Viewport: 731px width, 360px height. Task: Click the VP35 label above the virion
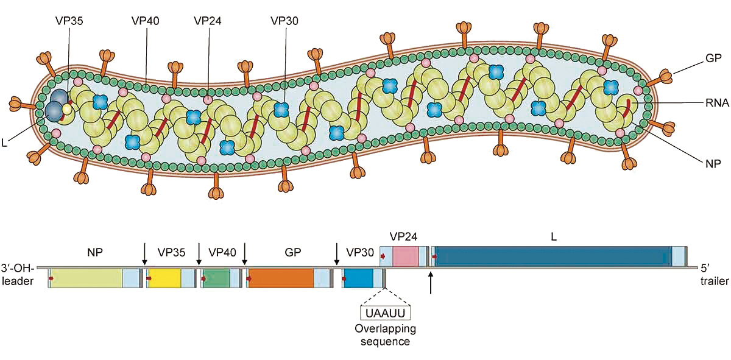pyautogui.click(x=68, y=20)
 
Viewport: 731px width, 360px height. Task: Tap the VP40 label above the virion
pyautogui.click(x=146, y=20)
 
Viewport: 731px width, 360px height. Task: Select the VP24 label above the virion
pyautogui.click(x=208, y=20)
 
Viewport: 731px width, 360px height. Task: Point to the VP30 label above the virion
pyautogui.click(x=284, y=20)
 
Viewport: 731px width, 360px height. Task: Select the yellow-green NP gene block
pyautogui.click(x=87, y=278)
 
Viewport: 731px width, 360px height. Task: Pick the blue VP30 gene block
pyautogui.click(x=359, y=278)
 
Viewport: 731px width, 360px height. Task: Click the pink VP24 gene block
pyautogui.click(x=406, y=256)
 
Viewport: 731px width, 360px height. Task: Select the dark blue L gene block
pyautogui.click(x=552, y=256)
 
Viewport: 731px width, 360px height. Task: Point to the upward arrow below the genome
pyautogui.click(x=431, y=283)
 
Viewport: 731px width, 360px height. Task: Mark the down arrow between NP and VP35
pyautogui.click(x=144, y=253)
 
